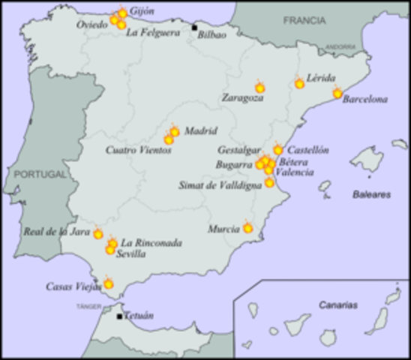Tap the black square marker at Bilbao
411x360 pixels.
click(x=194, y=28)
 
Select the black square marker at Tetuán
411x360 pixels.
click(x=119, y=316)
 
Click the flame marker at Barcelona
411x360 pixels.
click(x=337, y=94)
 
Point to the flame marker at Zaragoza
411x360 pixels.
click(x=259, y=88)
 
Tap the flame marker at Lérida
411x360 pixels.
click(x=300, y=83)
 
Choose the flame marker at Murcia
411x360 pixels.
click(x=248, y=228)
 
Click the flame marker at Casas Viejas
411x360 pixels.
click(x=108, y=283)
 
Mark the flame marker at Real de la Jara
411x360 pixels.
click(x=98, y=234)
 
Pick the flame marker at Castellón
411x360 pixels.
click(x=278, y=150)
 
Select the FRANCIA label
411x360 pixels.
click(x=304, y=21)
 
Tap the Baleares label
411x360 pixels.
click(x=372, y=194)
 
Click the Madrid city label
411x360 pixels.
click(x=200, y=130)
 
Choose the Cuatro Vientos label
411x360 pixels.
click(x=138, y=150)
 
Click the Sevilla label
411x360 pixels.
click(x=131, y=253)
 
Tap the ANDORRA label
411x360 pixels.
click(x=340, y=46)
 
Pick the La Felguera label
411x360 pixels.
click(x=153, y=32)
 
